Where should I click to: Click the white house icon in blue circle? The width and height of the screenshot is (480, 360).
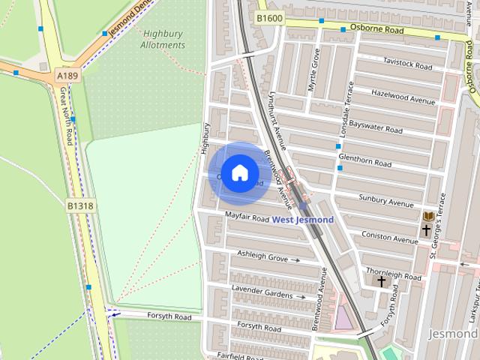239,173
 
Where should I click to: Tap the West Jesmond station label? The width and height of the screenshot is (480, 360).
302,220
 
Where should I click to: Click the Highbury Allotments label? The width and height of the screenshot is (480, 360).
163,39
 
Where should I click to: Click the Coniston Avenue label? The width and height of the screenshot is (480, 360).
389,237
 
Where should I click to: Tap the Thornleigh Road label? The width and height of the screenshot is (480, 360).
393,273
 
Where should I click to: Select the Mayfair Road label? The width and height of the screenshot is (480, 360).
247,218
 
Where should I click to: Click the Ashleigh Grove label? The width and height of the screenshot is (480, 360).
262,256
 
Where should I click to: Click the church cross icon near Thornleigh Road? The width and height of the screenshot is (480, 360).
382,282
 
